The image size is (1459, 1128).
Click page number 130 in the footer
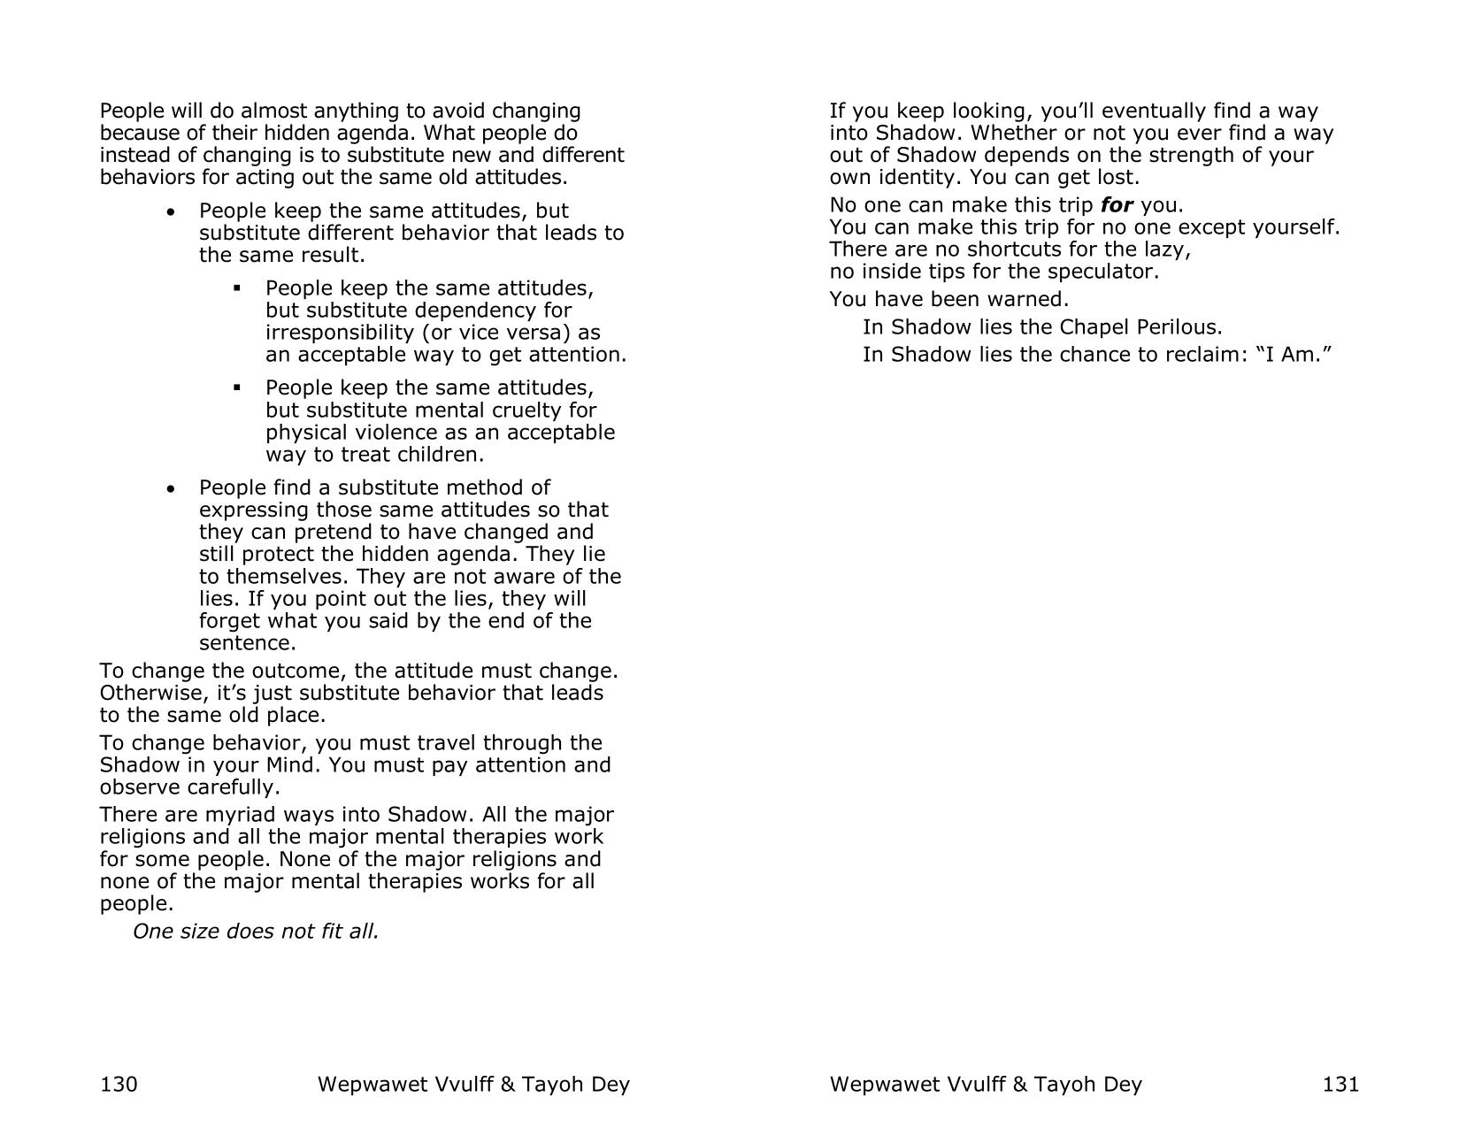(119, 1084)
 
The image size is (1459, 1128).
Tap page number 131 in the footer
(1340, 1084)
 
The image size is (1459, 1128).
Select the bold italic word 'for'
(1117, 205)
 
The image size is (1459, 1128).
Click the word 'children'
(442, 455)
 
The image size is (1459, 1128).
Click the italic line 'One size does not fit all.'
(255, 932)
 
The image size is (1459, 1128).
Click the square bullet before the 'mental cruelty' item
(237, 388)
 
